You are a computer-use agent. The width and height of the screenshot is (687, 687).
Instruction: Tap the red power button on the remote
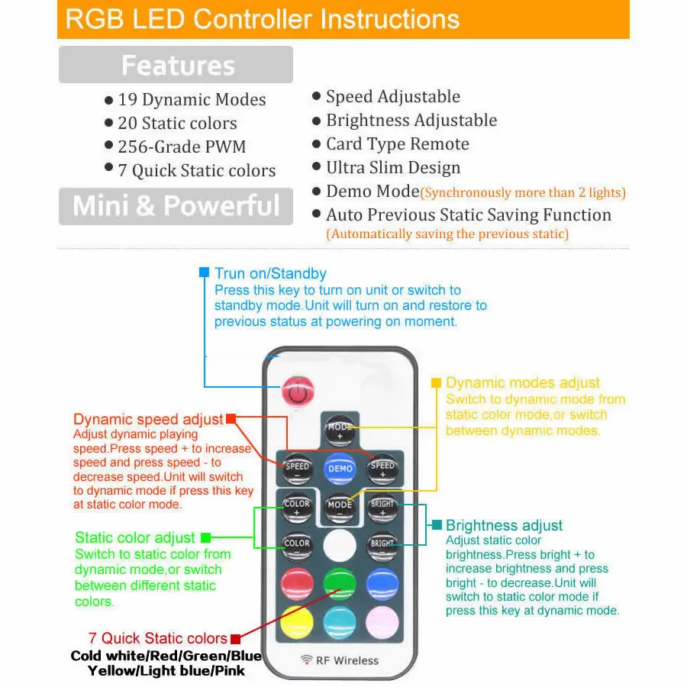(298, 392)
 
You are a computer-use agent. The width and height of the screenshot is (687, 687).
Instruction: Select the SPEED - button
(297, 469)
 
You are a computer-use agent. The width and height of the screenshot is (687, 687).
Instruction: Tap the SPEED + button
(382, 469)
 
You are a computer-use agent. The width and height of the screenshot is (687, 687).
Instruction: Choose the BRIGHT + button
(382, 508)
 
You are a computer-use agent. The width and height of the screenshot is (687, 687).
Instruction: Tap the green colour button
(340, 585)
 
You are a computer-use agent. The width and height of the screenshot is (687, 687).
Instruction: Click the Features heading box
(176, 65)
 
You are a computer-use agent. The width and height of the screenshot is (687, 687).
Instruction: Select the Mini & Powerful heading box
(176, 206)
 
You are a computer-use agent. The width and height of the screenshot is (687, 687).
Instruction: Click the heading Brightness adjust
(504, 525)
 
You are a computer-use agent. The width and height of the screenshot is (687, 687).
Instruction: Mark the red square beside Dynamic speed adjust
(231, 419)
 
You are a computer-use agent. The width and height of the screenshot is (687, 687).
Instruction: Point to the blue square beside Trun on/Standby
(204, 273)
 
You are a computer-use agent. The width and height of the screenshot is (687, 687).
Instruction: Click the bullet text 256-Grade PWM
(182, 147)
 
